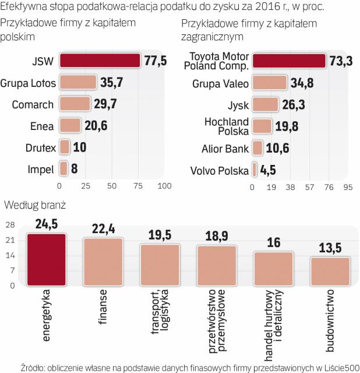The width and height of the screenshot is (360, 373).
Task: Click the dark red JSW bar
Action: [100, 61]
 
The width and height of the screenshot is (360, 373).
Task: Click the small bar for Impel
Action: [63, 170]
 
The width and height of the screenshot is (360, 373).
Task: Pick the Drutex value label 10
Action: [79, 147]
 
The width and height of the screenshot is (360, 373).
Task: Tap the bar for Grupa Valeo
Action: [270, 83]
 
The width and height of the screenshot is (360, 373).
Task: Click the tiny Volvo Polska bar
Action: [255, 170]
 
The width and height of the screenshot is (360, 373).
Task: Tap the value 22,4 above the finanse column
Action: [102, 229]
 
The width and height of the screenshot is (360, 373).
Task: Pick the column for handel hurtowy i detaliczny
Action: [273, 269]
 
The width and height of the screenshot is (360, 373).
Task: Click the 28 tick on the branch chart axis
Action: [10, 225]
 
